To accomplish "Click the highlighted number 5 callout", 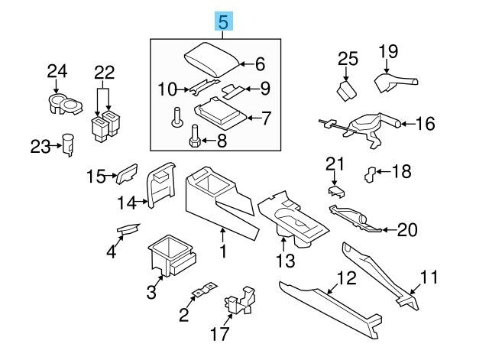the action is click(224, 21).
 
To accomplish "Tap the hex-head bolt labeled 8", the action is click(196, 138).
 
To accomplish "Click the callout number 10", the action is click(167, 89).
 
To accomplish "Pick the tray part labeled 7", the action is click(220, 114).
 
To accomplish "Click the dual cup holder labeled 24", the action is click(66, 104).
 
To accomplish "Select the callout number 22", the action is click(105, 73).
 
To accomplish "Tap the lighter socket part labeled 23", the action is click(68, 144).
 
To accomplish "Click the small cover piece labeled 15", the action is click(127, 174).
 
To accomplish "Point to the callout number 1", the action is click(223, 251).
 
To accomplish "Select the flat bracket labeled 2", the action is click(205, 290).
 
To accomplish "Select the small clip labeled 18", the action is click(370, 175).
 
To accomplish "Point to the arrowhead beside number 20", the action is click(385, 230).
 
